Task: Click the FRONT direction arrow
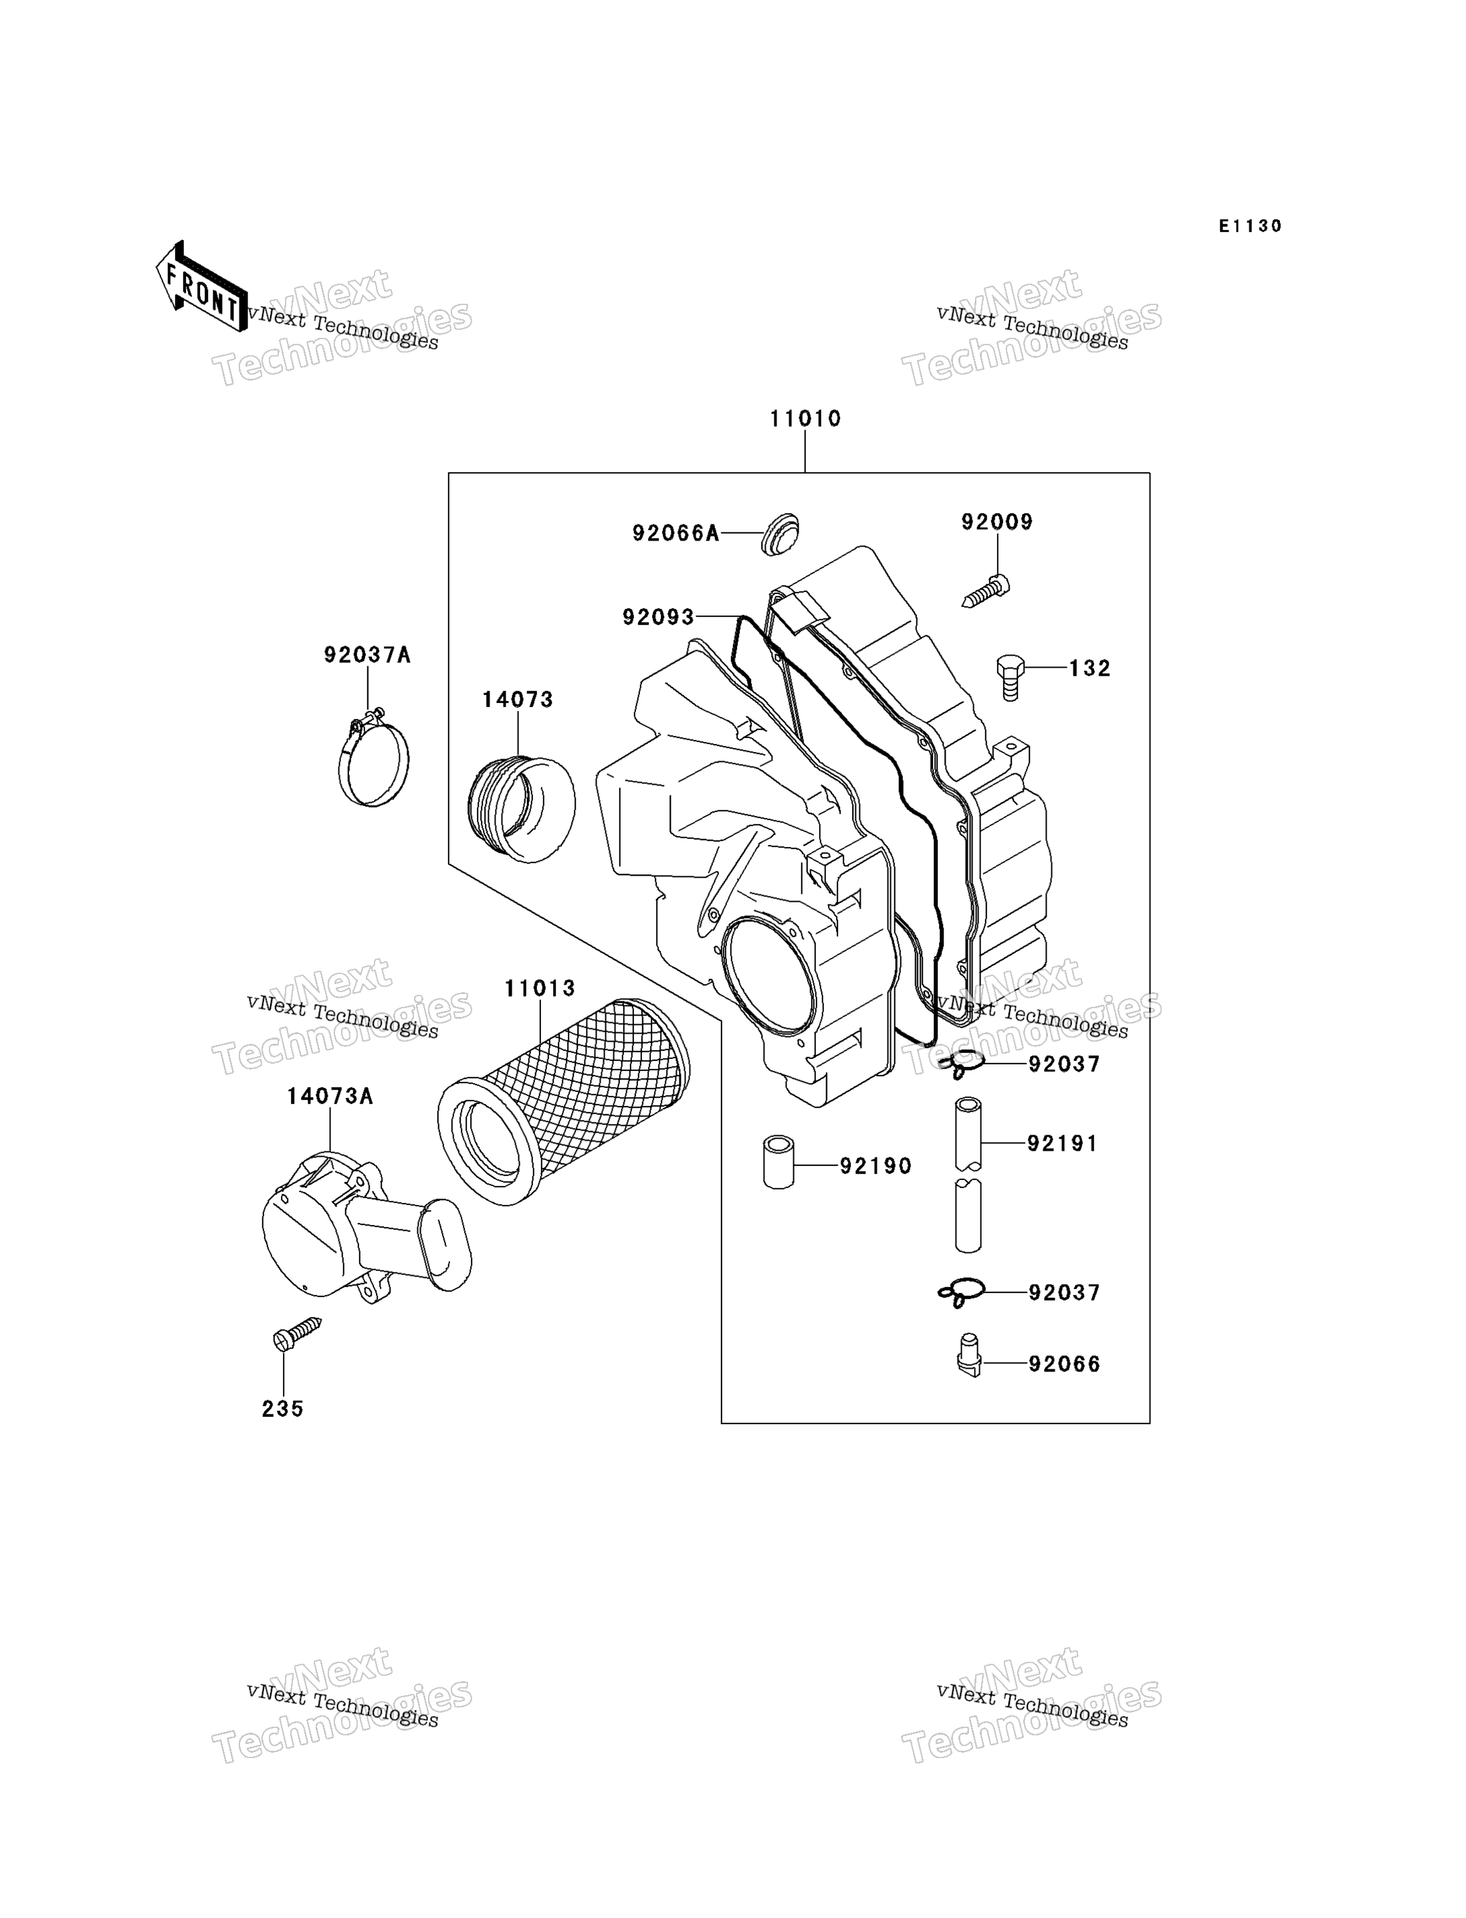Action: coord(201,287)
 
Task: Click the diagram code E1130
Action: coord(1251,226)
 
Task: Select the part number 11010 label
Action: coord(805,419)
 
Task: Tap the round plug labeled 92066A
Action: coord(779,535)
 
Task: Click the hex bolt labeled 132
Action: coord(1010,676)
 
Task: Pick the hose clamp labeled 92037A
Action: coord(373,759)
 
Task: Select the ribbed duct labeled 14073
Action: coord(522,809)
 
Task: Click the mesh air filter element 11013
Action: coord(564,1102)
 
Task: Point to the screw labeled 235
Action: coord(298,1334)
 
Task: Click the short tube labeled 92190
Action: coord(778,1161)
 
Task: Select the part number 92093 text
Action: coord(658,617)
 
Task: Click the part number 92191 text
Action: coord(1062,1143)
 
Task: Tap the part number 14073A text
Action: coord(330,1096)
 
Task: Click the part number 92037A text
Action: coord(366,655)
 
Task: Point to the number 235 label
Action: coord(283,1409)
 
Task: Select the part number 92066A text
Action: coord(675,533)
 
